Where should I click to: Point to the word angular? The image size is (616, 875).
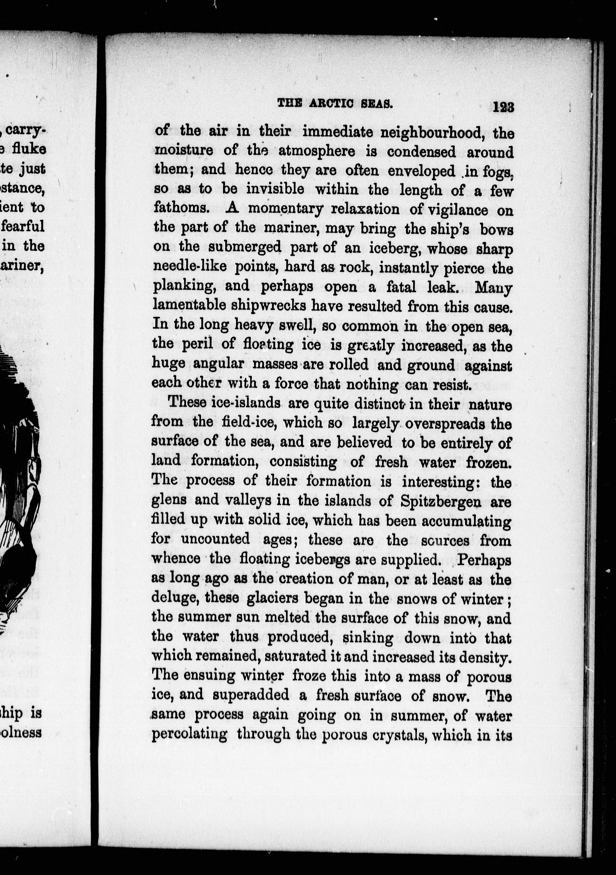pos(219,364)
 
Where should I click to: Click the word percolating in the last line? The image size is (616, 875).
pos(189,734)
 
